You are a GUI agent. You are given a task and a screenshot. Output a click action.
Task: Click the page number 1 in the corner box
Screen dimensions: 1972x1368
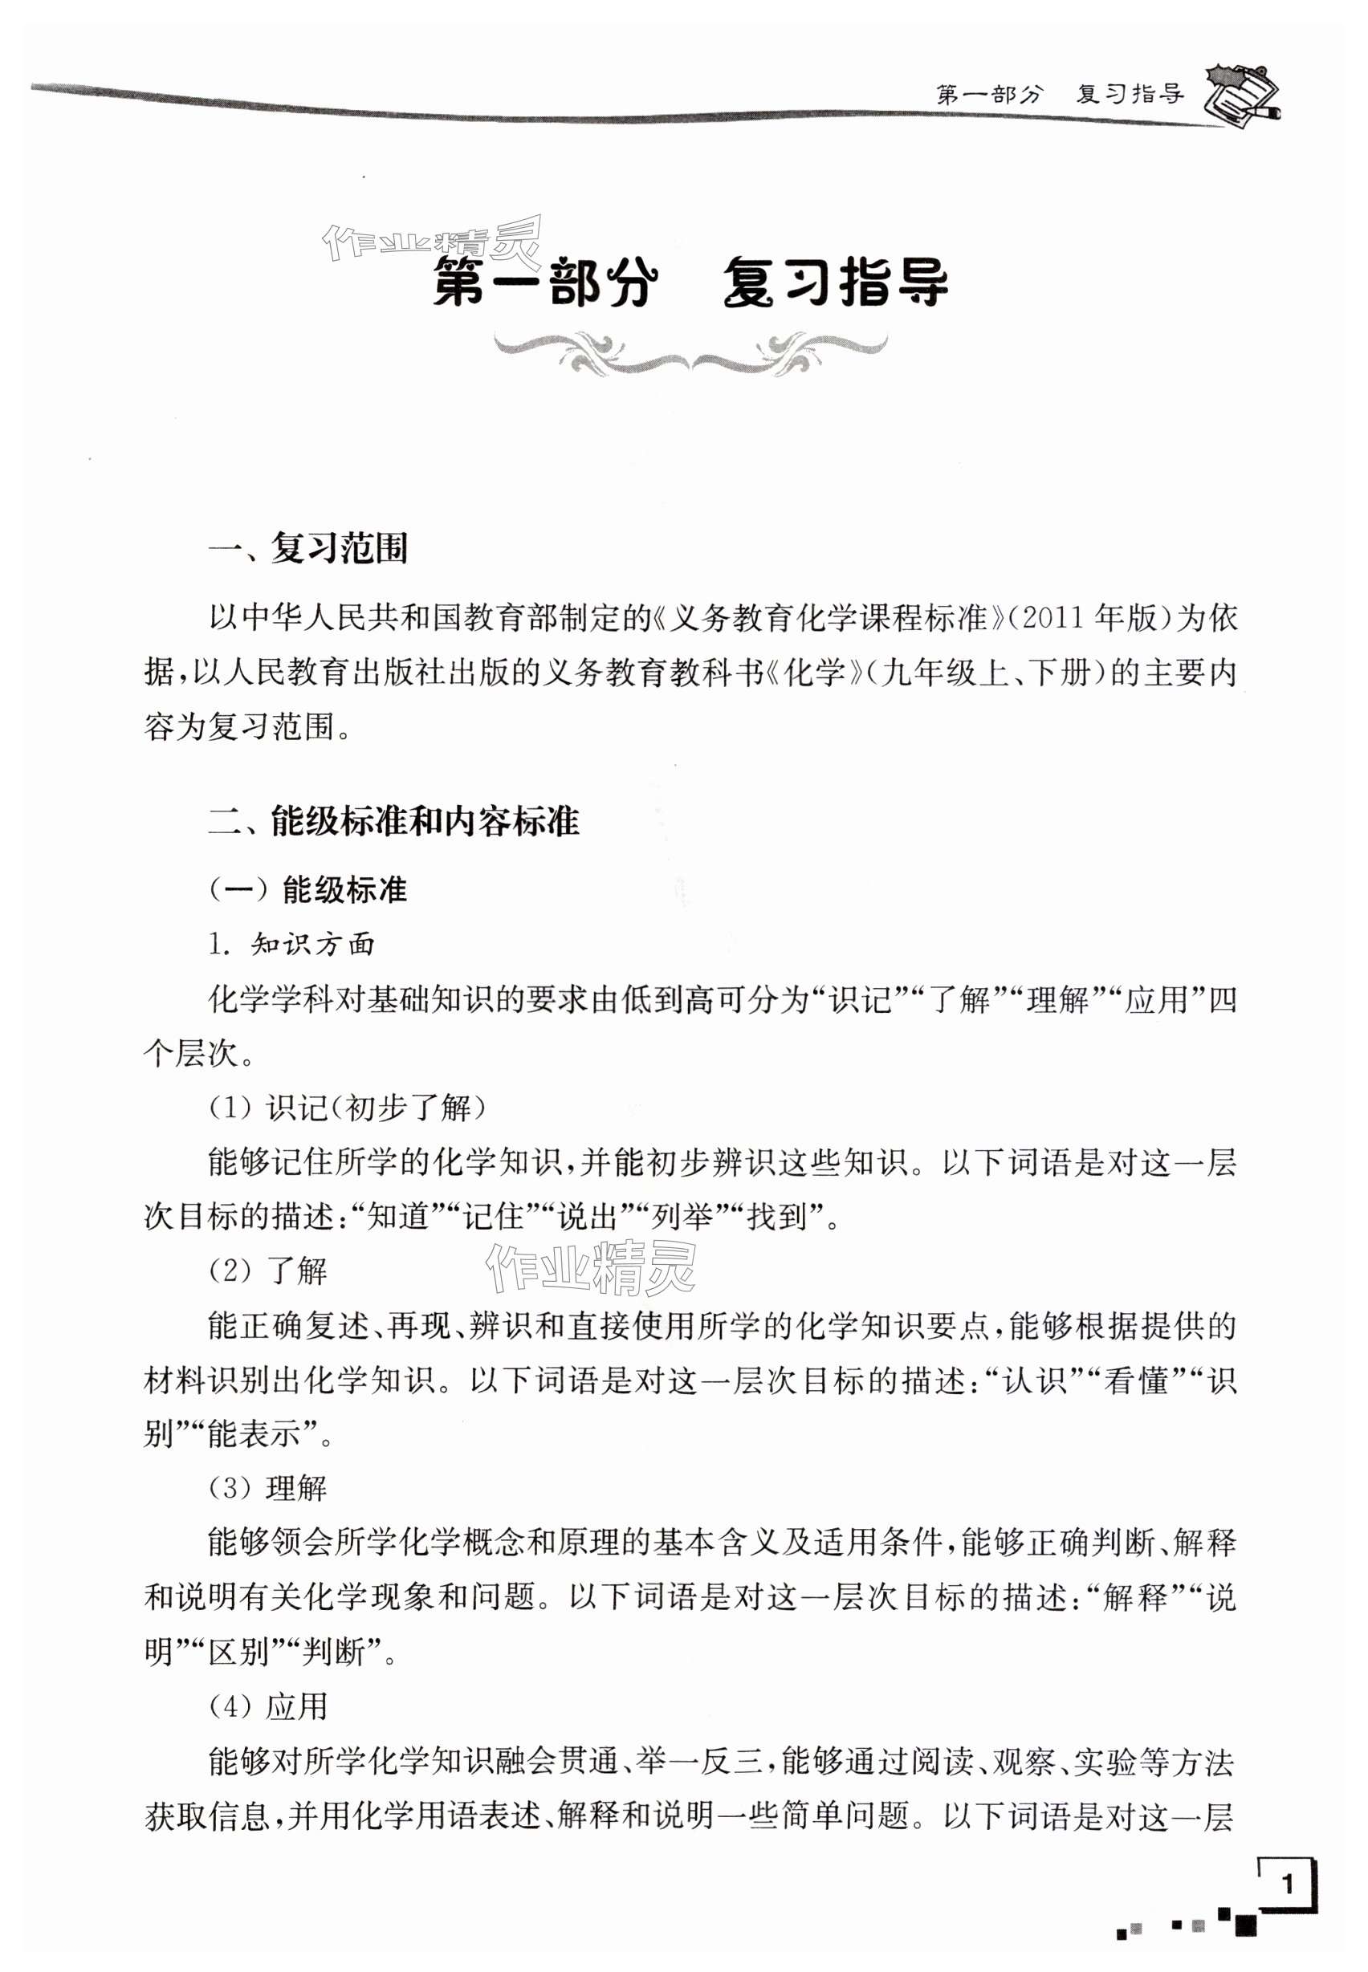pyautogui.click(x=1286, y=1884)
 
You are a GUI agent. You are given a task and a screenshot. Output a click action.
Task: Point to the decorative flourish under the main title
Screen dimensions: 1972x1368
pyautogui.click(x=690, y=353)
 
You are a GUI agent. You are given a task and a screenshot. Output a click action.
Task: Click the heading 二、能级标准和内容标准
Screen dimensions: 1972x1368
pyautogui.click(x=394, y=821)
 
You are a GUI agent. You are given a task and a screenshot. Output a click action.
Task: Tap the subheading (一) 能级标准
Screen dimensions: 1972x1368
pyautogui.click(x=308, y=889)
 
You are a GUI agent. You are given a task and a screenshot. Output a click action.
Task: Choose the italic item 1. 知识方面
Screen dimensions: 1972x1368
pyautogui.click(x=292, y=945)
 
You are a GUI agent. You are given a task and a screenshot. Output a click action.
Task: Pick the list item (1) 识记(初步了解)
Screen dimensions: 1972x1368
pyautogui.click(x=347, y=1108)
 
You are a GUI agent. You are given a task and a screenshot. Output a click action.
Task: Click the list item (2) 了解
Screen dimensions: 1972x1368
pyautogui.click(x=268, y=1271)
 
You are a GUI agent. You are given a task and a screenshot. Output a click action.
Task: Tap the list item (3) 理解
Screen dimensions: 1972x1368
pyautogui.click(x=268, y=1489)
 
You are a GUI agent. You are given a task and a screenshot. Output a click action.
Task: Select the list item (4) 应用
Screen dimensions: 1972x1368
pyautogui.click(x=268, y=1706)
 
